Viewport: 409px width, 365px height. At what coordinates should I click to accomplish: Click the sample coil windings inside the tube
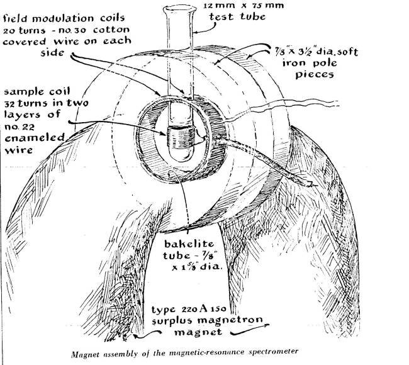pos(181,135)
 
